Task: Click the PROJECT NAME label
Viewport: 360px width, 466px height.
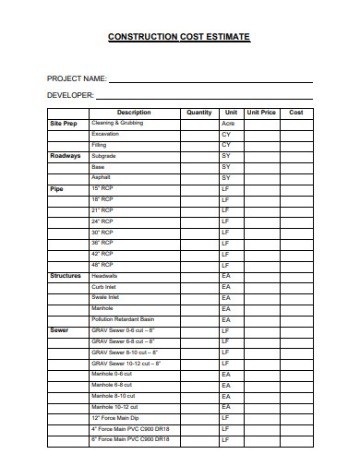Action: [x=77, y=78]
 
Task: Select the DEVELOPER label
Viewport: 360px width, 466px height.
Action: [x=71, y=95]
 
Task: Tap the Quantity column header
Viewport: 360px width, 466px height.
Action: [x=198, y=113]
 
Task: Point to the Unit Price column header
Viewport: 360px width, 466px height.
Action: [x=261, y=113]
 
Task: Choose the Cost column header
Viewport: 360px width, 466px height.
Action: [x=296, y=113]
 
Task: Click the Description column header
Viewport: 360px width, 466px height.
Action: [x=134, y=113]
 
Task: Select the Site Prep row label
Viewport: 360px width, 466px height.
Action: [x=64, y=123]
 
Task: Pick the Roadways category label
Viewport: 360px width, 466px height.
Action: [x=66, y=156]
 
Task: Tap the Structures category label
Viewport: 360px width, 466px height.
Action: [x=66, y=276]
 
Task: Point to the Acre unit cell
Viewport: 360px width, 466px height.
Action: [x=228, y=124]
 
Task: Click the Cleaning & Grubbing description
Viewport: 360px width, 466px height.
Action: [x=116, y=123]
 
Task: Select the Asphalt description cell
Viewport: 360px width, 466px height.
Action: [x=101, y=177]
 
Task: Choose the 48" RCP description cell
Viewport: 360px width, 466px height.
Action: [x=102, y=265]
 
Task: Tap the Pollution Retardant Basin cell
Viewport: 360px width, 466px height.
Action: [x=123, y=319]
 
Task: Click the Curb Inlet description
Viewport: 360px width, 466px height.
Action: [x=103, y=287]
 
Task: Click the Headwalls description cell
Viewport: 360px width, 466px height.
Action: [x=104, y=276]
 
